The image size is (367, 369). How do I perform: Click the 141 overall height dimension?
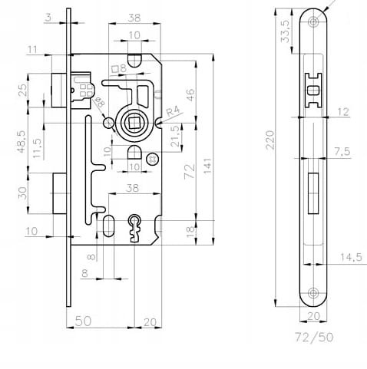[x=208, y=166]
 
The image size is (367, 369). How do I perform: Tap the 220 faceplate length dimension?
[x=270, y=140]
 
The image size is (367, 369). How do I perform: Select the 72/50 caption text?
[x=314, y=337]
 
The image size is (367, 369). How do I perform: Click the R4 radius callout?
[x=174, y=111]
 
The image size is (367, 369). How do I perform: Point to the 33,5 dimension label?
[x=285, y=31]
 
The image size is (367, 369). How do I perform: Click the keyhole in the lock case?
[x=134, y=228]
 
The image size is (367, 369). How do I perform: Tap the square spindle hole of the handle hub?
[x=133, y=123]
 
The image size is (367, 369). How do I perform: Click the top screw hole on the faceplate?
[x=312, y=21]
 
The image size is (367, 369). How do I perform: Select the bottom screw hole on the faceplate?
[x=312, y=293]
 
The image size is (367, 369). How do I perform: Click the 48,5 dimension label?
[x=22, y=142]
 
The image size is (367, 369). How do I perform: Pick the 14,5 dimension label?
[x=351, y=257]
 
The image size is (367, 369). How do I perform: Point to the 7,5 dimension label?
[x=342, y=152]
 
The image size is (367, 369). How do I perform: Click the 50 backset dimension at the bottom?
[x=83, y=321]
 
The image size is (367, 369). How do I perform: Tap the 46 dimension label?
[x=190, y=95]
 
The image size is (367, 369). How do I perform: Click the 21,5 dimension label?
[x=176, y=136]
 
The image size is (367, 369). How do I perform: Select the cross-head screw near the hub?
[x=153, y=159]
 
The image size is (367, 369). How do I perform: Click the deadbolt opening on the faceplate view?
[x=313, y=193]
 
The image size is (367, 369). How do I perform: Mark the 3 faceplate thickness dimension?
[x=48, y=18]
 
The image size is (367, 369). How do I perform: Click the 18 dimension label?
[x=191, y=232]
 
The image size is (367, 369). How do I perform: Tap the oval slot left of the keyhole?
[x=108, y=226]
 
